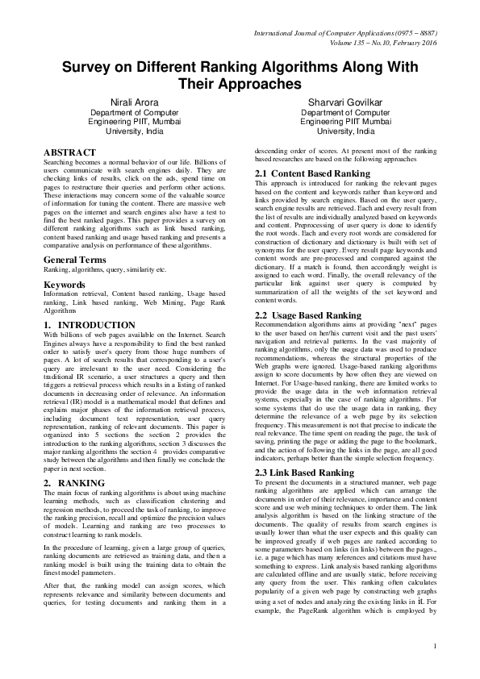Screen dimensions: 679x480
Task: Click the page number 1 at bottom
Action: [434, 667]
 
